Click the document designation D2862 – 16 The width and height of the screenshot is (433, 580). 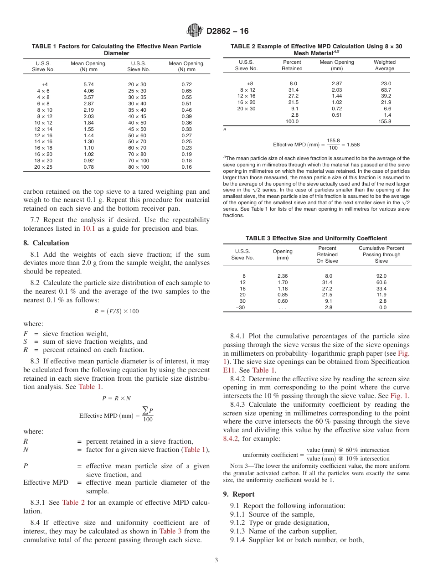[227, 31]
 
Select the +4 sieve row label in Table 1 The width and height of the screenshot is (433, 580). [44, 85]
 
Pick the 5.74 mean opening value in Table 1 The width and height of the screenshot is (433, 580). [89, 85]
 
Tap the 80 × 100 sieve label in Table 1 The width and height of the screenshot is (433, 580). [139, 167]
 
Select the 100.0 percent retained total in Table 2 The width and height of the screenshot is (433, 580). [292, 121]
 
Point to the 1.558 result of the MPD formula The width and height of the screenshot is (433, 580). [353, 145]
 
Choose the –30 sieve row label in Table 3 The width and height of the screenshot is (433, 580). [240, 307]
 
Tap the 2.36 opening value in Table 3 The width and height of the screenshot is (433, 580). [283, 276]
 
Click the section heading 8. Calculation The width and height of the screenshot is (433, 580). [46, 243]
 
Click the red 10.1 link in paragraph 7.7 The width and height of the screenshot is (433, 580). [88, 228]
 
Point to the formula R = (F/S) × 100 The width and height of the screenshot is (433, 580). [116, 311]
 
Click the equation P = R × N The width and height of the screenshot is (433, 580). [116, 398]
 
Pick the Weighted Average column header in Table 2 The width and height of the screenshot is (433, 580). [384, 65]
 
